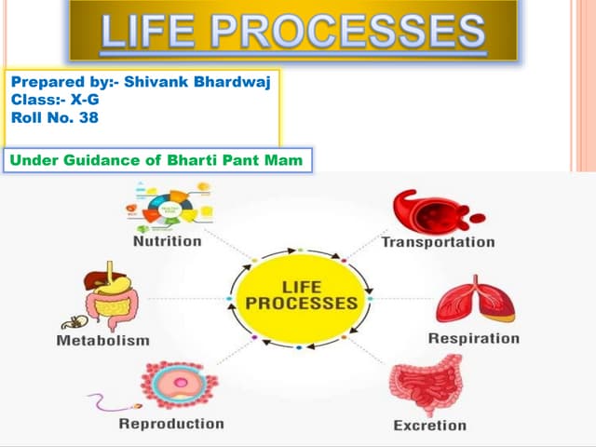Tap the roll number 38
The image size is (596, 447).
[88, 118]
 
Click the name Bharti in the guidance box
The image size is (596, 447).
[198, 160]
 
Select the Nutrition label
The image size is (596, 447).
[167, 240]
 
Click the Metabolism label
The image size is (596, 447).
[102, 340]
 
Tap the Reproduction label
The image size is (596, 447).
[171, 424]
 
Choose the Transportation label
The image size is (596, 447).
[438, 242]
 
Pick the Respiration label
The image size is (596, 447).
[473, 338]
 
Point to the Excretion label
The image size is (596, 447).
[429, 426]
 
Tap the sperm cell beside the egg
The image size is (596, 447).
[112, 404]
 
